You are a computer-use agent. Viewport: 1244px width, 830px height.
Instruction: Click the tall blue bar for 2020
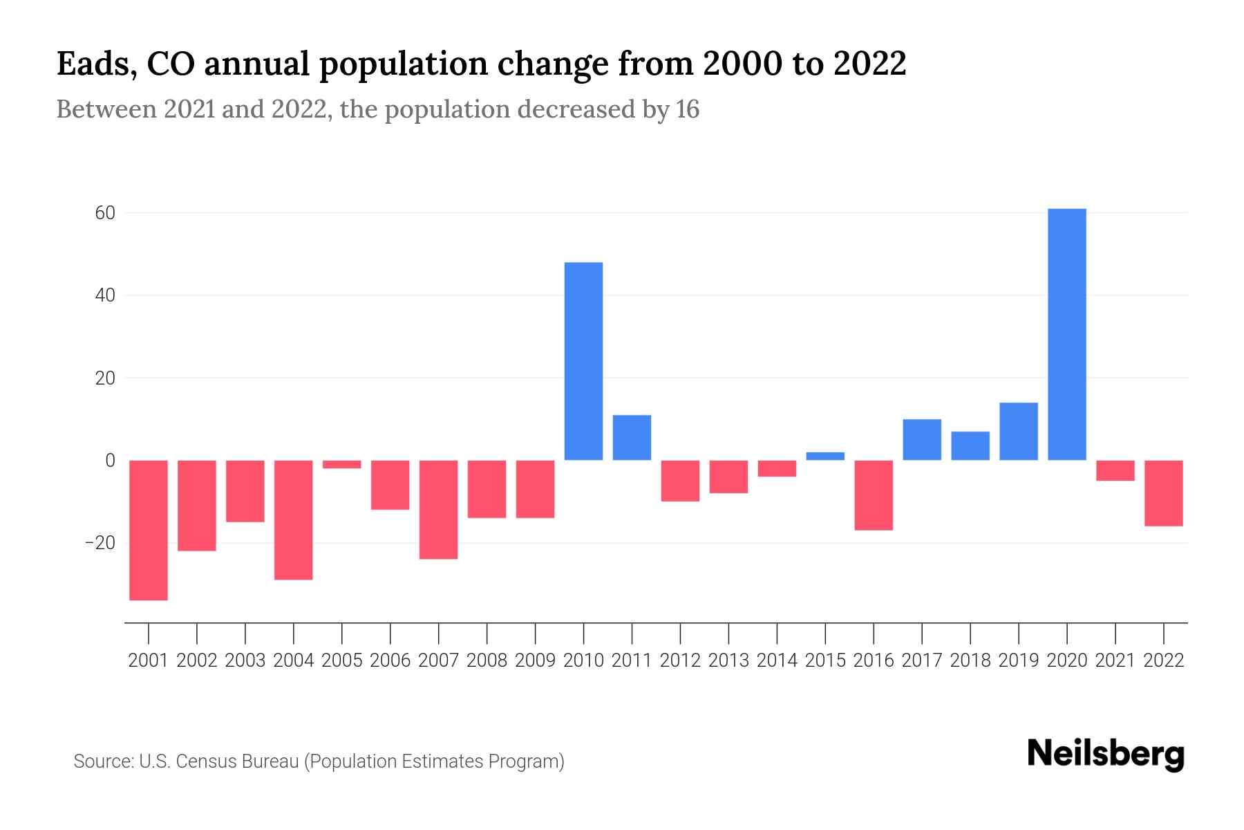[x=1066, y=334]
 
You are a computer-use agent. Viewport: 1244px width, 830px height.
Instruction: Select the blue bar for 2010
[x=583, y=361]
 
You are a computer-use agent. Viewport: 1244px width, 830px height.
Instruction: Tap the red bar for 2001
[x=149, y=530]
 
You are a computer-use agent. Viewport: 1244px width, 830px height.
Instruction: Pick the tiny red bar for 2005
[x=341, y=464]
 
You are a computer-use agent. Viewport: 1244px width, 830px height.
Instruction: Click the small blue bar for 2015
[x=825, y=456]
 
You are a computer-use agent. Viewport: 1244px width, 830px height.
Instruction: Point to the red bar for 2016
[x=874, y=495]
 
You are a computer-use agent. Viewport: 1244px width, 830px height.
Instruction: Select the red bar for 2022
[x=1163, y=493]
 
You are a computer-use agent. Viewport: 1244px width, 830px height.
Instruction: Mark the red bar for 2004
[x=294, y=519]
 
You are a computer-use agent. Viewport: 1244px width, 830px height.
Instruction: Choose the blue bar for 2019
[x=1018, y=432]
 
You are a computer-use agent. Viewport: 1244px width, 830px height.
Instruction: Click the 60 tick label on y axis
[x=104, y=213]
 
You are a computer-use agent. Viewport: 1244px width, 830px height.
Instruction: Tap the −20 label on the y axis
[x=100, y=543]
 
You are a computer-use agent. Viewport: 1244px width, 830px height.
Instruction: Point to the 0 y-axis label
[x=110, y=461]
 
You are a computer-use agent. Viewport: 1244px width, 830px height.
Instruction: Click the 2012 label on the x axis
[x=680, y=661]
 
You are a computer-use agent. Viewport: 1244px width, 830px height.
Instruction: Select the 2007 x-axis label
[x=438, y=661]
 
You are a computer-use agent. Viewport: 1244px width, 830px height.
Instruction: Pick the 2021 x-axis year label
[x=1115, y=661]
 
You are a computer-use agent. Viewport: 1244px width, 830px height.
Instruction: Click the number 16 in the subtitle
[x=687, y=109]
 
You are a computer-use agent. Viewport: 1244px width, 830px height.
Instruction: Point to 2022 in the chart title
[x=869, y=64]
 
